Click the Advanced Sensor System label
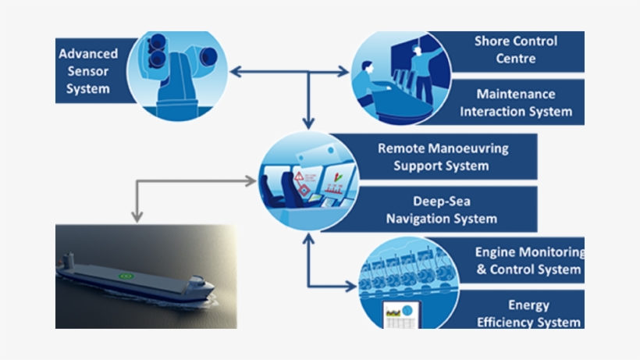pyautogui.click(x=88, y=71)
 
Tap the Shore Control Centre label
pyautogui.click(x=515, y=49)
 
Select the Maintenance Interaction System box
pyautogui.click(x=515, y=102)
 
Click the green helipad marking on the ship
pyautogui.click(x=123, y=275)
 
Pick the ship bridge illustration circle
pyautogui.click(x=308, y=181)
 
